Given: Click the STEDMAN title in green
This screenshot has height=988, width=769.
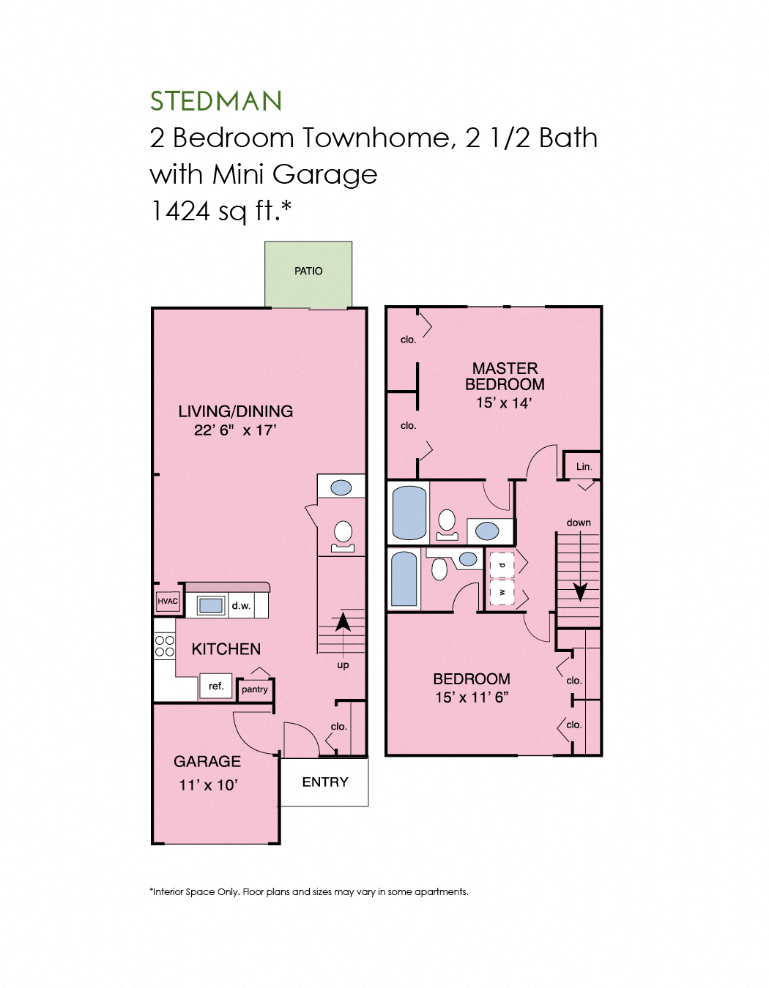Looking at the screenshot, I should [216, 101].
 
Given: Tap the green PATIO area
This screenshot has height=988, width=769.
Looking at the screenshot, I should [308, 274].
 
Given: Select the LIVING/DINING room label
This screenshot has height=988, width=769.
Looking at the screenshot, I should [235, 411].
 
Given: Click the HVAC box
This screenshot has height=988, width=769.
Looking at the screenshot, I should [168, 601].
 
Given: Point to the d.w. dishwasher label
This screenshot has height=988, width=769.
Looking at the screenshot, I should [241, 605].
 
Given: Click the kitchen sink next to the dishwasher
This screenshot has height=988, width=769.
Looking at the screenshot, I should [211, 605].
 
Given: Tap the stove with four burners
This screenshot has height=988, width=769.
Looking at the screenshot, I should [165, 645].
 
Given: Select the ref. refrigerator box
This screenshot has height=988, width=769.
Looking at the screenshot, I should [216, 686].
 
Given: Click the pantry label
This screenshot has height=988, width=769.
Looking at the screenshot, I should [255, 689].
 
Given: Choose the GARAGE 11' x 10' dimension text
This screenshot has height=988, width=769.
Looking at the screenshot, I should [208, 785].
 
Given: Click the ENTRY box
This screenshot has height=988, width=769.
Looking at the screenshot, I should [324, 782].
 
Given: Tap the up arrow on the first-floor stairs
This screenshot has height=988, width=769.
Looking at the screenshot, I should [342, 622].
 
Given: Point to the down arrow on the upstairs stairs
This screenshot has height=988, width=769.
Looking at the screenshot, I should [580, 590].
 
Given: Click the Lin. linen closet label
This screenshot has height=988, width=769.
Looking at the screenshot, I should [583, 466].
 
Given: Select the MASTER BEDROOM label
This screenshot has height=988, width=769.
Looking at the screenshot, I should [505, 376].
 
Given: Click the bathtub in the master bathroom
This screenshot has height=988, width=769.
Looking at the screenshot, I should [409, 512].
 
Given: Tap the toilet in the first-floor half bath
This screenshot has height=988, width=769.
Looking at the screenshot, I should [343, 534].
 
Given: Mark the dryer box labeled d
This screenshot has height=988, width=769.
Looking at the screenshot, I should [502, 565].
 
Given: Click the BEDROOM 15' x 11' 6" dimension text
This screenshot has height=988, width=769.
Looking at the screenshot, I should [472, 697].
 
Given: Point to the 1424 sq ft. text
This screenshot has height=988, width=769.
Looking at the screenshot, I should [220, 211].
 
